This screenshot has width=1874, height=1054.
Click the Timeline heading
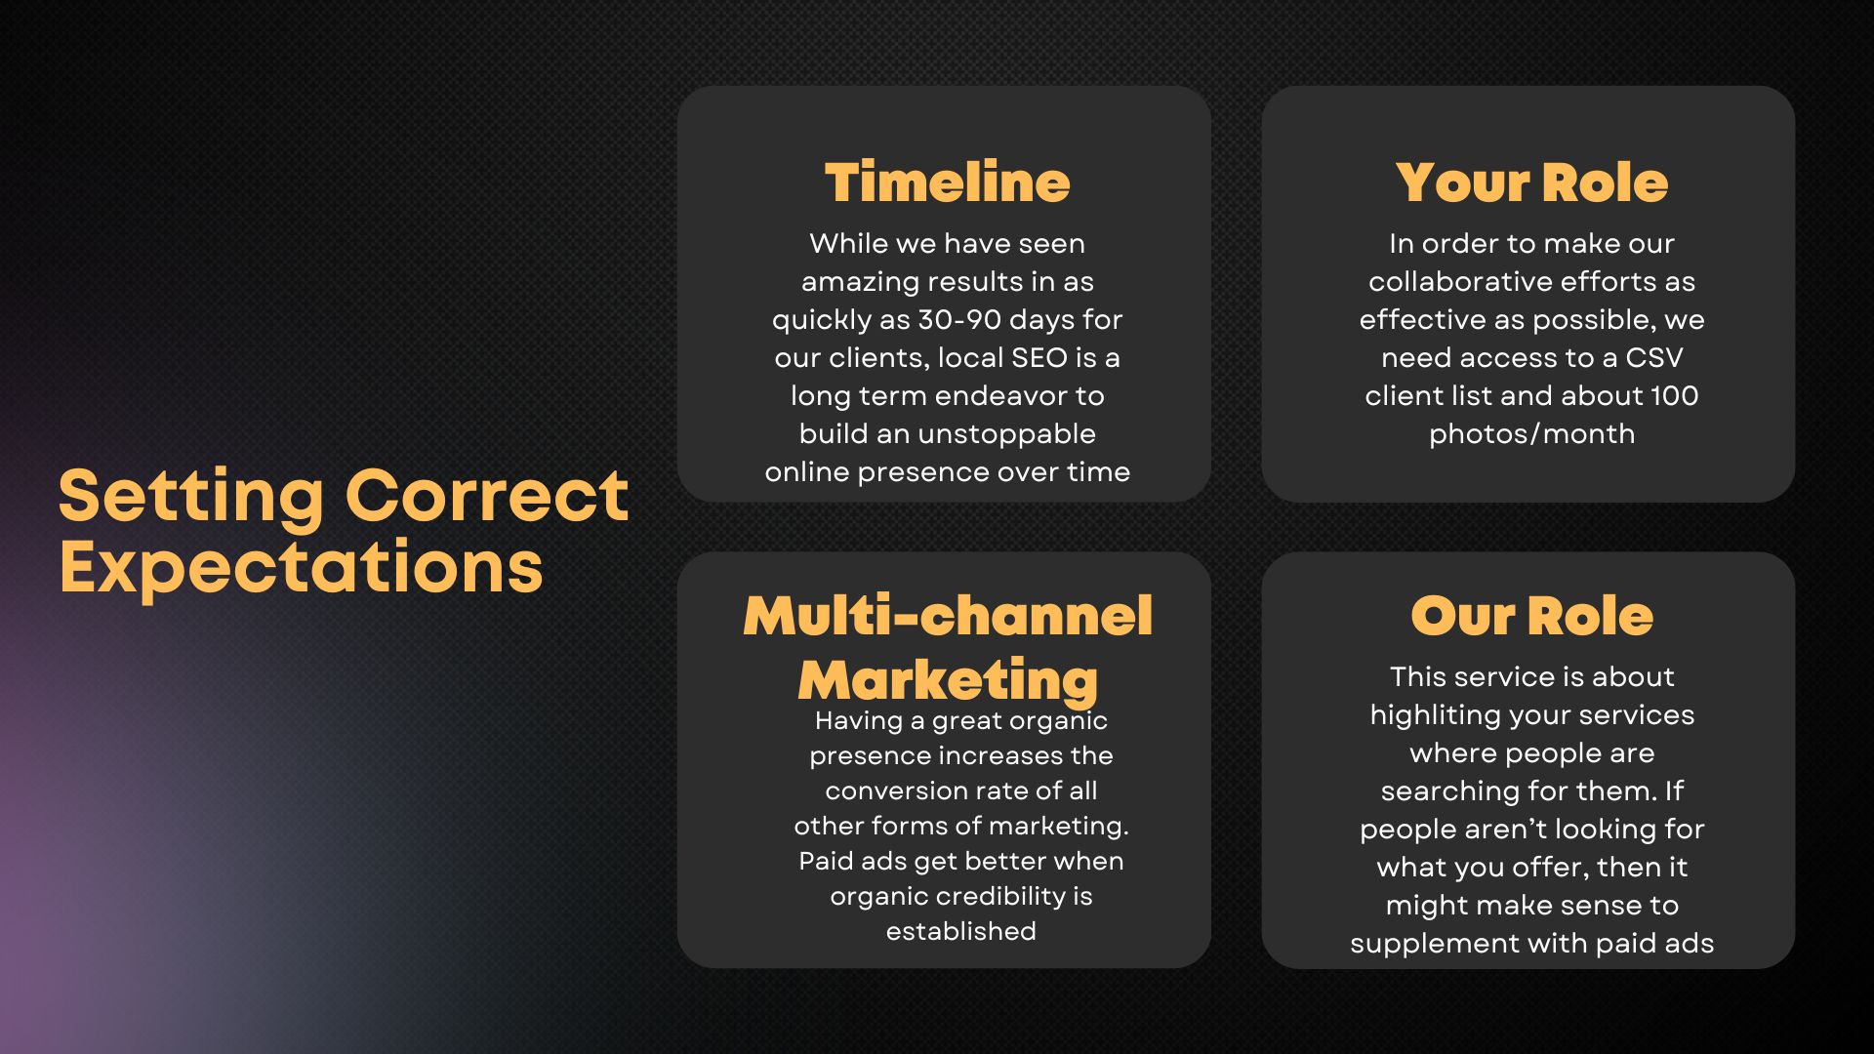click(x=947, y=182)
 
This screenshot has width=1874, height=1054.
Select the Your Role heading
click(x=1531, y=182)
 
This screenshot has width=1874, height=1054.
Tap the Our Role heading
click(x=1531, y=616)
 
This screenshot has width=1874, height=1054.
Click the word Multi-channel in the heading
click(x=948, y=616)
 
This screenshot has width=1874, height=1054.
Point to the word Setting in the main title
click(x=191, y=495)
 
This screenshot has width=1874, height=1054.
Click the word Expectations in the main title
click(x=301, y=567)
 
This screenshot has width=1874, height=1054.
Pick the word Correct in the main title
click(x=487, y=495)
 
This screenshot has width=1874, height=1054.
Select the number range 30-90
click(x=959, y=319)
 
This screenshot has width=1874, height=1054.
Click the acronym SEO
click(x=1039, y=357)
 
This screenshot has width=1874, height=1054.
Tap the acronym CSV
click(x=1654, y=357)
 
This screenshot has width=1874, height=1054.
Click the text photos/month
click(x=1531, y=434)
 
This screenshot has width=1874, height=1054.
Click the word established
click(x=960, y=931)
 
